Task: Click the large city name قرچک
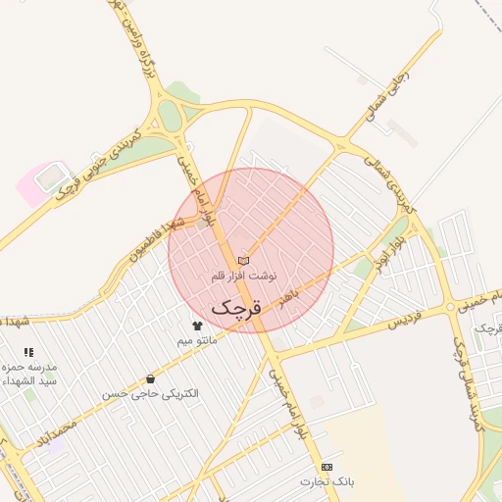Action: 236,307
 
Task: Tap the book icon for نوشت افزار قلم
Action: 244,260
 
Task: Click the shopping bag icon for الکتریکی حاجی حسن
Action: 150,378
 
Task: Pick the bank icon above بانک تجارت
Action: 326,467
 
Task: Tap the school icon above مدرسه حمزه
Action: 28,351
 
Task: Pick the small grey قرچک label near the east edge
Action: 487,327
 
